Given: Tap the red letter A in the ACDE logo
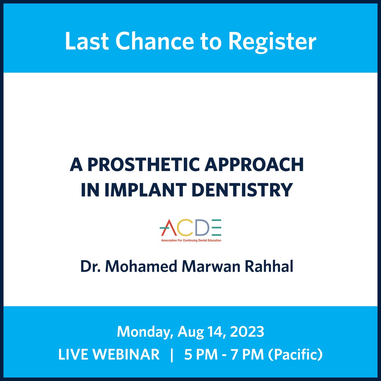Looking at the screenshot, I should coord(168,228).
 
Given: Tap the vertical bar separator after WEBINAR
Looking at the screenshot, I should coord(172,354).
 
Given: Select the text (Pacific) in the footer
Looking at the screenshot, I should coord(295,354).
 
